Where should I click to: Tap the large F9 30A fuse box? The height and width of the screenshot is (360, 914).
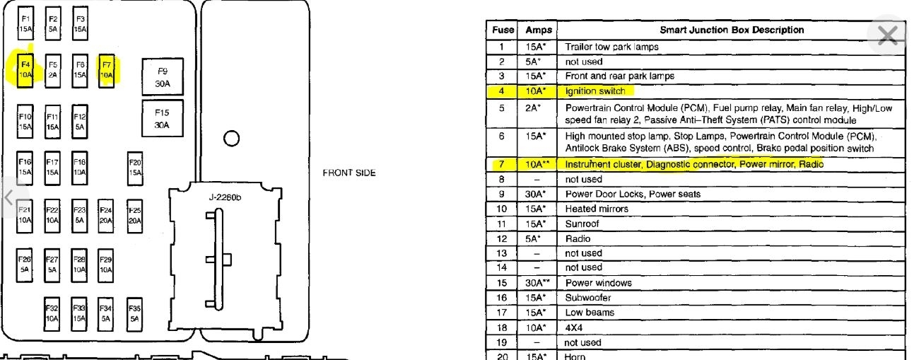[163, 77]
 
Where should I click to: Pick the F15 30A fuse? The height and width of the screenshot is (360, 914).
[163, 119]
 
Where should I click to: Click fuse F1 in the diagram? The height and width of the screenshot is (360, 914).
[25, 24]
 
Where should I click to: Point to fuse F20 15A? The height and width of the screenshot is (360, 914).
[135, 167]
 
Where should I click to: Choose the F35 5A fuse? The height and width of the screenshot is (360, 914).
[134, 313]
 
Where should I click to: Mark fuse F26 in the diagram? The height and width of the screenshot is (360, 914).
[25, 265]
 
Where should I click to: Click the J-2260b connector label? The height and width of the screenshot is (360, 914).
[225, 197]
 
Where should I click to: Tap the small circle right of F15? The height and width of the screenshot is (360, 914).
[231, 138]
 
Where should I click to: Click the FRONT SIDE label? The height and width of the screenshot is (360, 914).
[349, 173]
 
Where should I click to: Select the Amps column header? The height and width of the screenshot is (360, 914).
[539, 30]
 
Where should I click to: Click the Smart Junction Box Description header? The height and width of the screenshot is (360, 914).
[732, 30]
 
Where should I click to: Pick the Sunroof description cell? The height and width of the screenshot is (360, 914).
[582, 223]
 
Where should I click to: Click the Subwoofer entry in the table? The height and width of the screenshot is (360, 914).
[588, 298]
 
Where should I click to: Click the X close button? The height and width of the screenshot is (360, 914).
[887, 35]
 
